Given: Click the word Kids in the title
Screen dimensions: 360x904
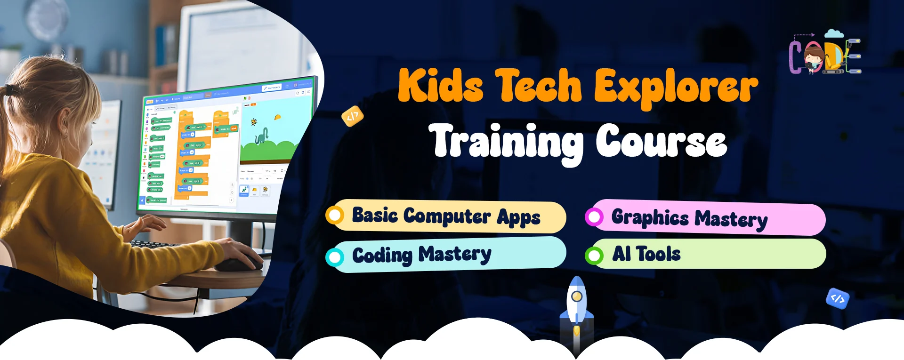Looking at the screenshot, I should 441,86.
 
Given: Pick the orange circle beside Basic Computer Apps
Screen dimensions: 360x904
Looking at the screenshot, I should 335,216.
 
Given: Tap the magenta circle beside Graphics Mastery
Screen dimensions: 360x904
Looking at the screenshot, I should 594,217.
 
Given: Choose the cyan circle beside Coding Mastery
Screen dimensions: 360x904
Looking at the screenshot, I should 335,257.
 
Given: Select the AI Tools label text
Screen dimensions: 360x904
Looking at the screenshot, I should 646,254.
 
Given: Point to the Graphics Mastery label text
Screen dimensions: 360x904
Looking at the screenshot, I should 689,218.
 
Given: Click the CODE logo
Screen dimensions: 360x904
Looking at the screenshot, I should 825,53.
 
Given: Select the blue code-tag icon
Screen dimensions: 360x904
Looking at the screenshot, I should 838,298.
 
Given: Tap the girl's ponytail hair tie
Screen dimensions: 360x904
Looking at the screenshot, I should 9,89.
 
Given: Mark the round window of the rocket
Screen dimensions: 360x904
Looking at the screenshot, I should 576,296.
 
